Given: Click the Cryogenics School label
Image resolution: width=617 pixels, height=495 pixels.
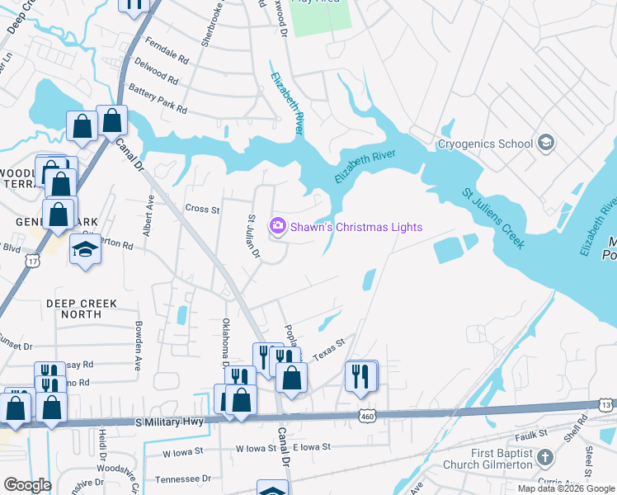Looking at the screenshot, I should [x=485, y=144].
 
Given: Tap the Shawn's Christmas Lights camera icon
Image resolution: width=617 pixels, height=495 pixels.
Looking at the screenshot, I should [x=278, y=225].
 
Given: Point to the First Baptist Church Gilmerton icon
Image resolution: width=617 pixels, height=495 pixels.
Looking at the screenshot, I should [x=544, y=457].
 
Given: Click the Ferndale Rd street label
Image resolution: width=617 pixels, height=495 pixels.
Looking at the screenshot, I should [x=167, y=51].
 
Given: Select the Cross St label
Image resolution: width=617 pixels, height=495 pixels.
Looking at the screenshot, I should [x=202, y=210].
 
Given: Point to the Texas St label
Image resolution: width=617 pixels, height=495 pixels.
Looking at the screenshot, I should [x=327, y=345].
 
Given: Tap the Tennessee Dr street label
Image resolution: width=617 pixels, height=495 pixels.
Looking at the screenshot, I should [x=182, y=478].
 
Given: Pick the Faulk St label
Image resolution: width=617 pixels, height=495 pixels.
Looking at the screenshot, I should [x=531, y=435].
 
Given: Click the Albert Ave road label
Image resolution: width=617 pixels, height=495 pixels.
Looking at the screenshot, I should [x=149, y=216].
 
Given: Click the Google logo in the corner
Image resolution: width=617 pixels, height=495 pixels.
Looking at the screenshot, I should [x=27, y=485].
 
